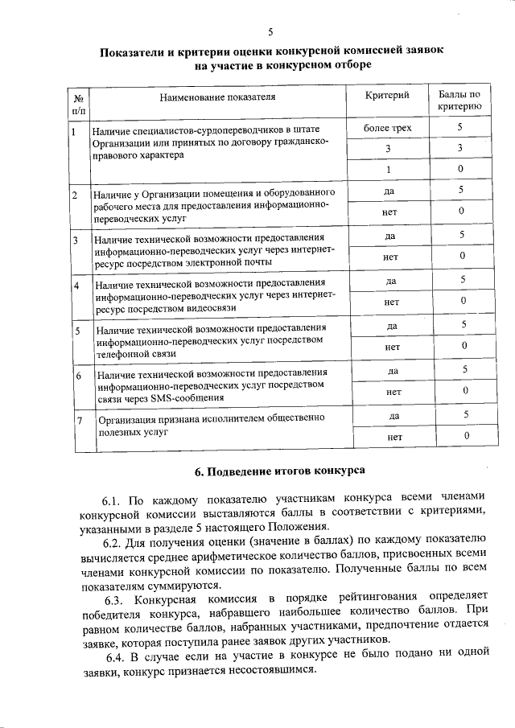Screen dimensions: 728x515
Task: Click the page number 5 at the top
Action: tap(270, 32)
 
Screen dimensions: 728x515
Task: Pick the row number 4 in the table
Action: tap(76, 286)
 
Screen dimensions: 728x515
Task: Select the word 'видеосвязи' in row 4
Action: tap(212, 308)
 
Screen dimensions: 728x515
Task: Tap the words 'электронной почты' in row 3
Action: tap(210, 263)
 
